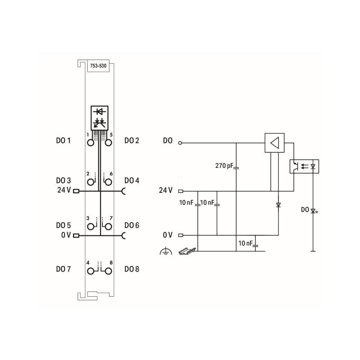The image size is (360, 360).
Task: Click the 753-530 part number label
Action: [98, 66]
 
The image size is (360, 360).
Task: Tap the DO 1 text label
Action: [63, 140]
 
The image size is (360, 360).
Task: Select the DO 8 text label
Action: [132, 269]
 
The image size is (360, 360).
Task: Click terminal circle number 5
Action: [108, 143]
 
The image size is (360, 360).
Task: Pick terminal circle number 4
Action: [91, 271]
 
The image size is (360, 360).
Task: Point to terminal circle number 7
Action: [108, 227]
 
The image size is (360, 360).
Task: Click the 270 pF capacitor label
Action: [224, 165]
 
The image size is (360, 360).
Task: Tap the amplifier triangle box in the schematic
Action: [274, 143]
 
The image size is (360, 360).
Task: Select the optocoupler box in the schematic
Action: [304, 166]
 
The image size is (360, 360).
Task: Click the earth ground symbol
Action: [166, 251]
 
